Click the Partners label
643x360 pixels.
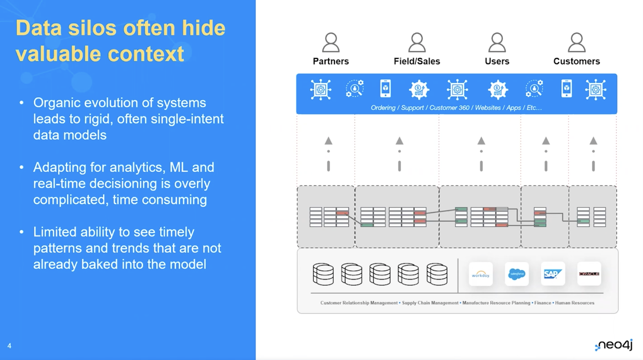tap(330, 61)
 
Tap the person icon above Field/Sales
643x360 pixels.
tap(417, 43)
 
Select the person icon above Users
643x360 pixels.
tap(497, 43)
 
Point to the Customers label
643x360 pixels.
tap(576, 61)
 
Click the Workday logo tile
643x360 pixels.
tap(480, 274)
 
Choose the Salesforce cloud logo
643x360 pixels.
tap(516, 274)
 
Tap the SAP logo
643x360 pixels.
tap(552, 274)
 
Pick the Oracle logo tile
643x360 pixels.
tap(589, 274)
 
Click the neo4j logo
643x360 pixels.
tap(614, 345)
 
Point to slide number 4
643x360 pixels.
tap(9, 346)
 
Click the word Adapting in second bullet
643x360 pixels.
tap(59, 168)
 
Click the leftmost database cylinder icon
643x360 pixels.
tap(323, 274)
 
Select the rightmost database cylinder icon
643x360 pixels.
tap(437, 274)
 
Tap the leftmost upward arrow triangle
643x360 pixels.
tap(329, 141)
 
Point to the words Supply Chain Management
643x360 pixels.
tap(430, 303)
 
